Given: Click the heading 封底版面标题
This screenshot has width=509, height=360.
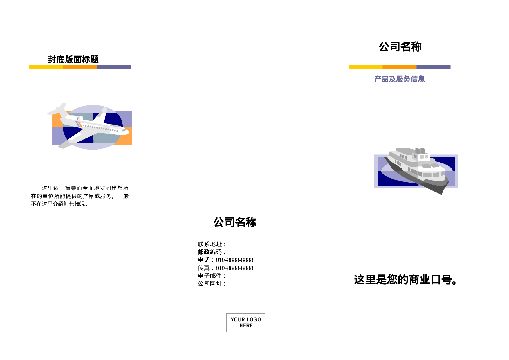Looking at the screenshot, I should tap(73, 60).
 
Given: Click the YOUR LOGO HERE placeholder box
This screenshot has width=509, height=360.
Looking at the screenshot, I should tap(246, 322).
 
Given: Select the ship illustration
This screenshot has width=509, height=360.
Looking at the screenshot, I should tap(416, 170).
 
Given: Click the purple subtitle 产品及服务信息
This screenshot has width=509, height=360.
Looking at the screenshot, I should tap(399, 79).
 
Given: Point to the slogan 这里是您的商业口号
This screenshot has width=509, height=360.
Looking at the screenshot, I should tap(405, 280).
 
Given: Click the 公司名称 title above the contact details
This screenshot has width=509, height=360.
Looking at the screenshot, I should tap(235, 222).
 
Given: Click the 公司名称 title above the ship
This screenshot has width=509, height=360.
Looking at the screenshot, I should tap(400, 46).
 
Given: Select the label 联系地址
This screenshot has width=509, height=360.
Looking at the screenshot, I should tap(210, 244).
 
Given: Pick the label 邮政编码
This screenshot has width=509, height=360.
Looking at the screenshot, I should tap(210, 252).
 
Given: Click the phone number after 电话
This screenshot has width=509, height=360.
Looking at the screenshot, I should tap(234, 260).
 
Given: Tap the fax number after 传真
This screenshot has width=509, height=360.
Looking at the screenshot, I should tap(234, 268).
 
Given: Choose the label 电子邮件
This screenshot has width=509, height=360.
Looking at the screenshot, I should tap(210, 276).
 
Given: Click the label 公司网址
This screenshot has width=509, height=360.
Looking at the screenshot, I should tap(210, 284).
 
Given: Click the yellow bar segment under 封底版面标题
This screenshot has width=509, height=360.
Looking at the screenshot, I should tap(46, 67).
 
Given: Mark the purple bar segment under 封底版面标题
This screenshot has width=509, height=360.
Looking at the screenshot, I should tap(113, 67).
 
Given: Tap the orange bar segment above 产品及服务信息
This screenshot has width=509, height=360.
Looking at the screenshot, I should tap(399, 67).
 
